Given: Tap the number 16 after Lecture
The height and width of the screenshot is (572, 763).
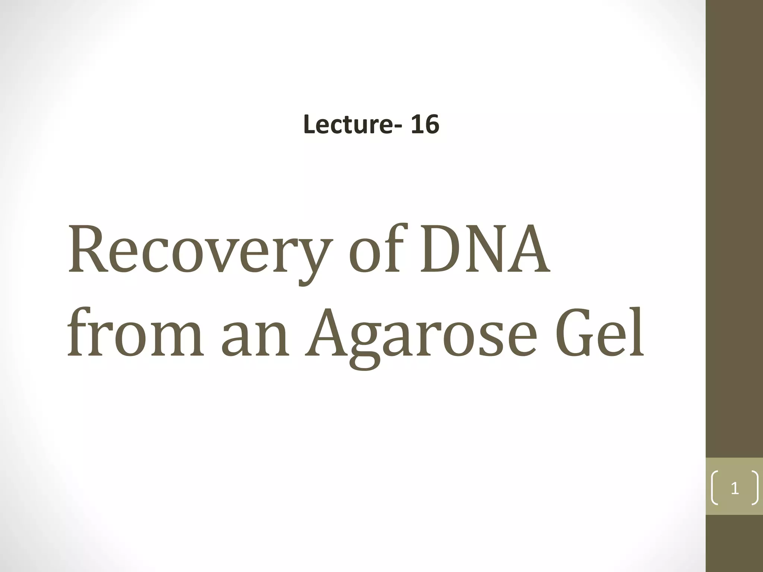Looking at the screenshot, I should point(425,124).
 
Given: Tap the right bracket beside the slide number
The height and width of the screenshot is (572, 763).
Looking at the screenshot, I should point(754,488).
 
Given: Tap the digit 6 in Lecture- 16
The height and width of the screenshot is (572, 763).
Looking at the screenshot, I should point(431,124).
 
